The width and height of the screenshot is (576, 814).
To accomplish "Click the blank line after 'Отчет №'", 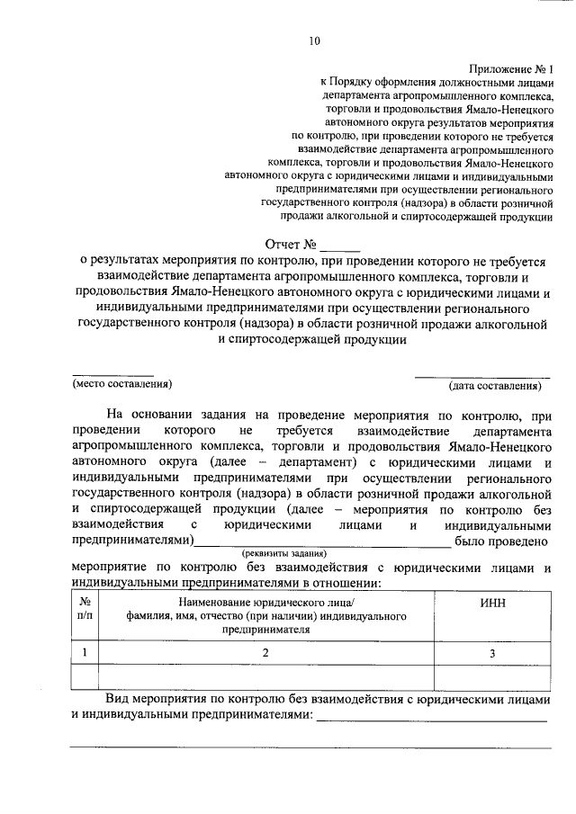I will pos(339,248).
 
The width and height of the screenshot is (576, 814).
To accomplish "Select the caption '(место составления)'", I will pos(121,384).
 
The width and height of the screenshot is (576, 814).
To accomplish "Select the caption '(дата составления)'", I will pos(496,386).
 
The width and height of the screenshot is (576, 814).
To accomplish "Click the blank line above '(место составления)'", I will pos(112,374).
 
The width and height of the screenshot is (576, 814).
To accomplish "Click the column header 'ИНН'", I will pos(492,601).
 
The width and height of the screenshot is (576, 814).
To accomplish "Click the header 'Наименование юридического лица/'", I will pos(266,601).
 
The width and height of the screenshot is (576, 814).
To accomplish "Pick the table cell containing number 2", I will pos(266,653).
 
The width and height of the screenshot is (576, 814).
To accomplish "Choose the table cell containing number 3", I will pos(492,654).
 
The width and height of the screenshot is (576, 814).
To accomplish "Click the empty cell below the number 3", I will pos(492,675).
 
